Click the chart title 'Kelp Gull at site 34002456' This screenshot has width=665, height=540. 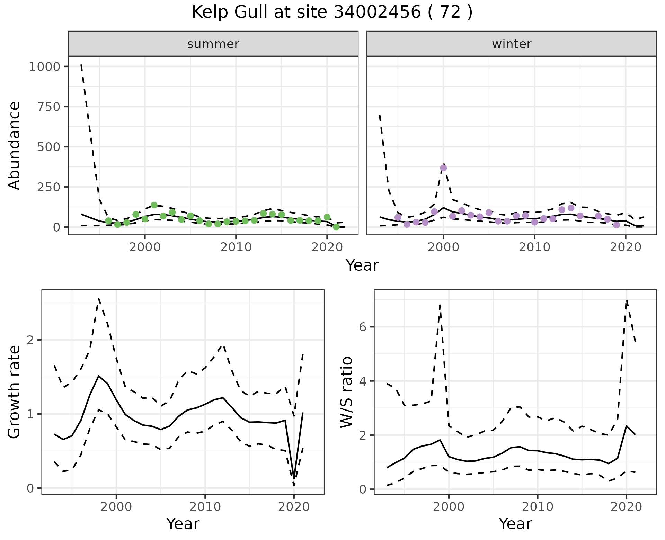pos(332,12)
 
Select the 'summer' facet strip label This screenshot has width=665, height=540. pos(213,44)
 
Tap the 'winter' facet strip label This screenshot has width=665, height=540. pos(512,44)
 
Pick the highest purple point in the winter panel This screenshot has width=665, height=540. pos(443,168)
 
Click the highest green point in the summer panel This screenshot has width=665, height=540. pos(154,205)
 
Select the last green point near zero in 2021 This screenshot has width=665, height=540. pos(336,227)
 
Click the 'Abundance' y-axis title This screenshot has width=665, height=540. pos(15,145)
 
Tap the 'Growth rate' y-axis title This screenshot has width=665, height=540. pos(15,392)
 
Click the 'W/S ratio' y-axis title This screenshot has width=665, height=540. pos(346,392)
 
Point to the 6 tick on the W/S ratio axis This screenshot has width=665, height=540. pos(363,327)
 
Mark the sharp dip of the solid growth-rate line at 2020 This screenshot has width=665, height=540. pos(294,479)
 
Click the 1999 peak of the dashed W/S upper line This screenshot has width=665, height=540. pos(440,305)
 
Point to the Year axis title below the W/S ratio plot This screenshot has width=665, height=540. pos(515,524)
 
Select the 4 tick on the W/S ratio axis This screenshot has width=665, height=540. pos(363,381)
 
